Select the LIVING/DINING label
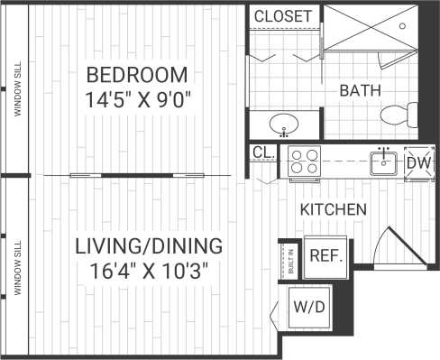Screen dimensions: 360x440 coord(149,245)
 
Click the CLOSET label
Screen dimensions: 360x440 coord(282,17)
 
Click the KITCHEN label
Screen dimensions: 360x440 coord(333,209)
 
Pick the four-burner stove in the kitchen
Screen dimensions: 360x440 coord(304,162)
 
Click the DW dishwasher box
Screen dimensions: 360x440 coord(417,162)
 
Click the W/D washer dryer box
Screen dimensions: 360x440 coord(308,307)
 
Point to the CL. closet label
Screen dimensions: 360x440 coord(263,153)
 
